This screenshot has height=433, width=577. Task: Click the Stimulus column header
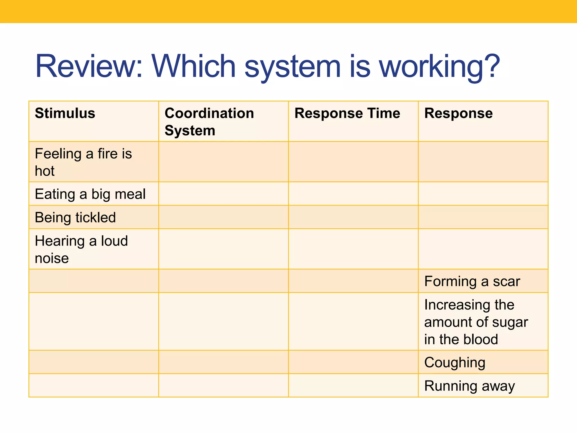coord(65,113)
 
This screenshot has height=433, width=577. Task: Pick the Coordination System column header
coord(209,121)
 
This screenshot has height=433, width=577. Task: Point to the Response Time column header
coord(347,113)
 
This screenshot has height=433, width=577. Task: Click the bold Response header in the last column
coord(458,113)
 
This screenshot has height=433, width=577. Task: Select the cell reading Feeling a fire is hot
coord(83,162)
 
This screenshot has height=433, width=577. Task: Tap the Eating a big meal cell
coord(90,194)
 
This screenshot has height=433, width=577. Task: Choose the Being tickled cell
coord(75,217)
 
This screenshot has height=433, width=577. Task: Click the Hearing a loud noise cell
coord(81,249)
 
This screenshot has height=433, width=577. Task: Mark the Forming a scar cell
coord(472,281)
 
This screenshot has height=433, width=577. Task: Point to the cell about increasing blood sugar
coord(476,322)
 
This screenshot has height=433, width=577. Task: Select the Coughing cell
coord(454,363)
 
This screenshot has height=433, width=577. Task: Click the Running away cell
coord(469,386)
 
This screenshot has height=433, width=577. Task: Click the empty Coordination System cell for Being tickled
coord(223,217)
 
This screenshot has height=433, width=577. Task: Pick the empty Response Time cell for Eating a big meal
coord(353,194)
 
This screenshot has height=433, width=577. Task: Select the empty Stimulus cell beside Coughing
coord(94,362)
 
